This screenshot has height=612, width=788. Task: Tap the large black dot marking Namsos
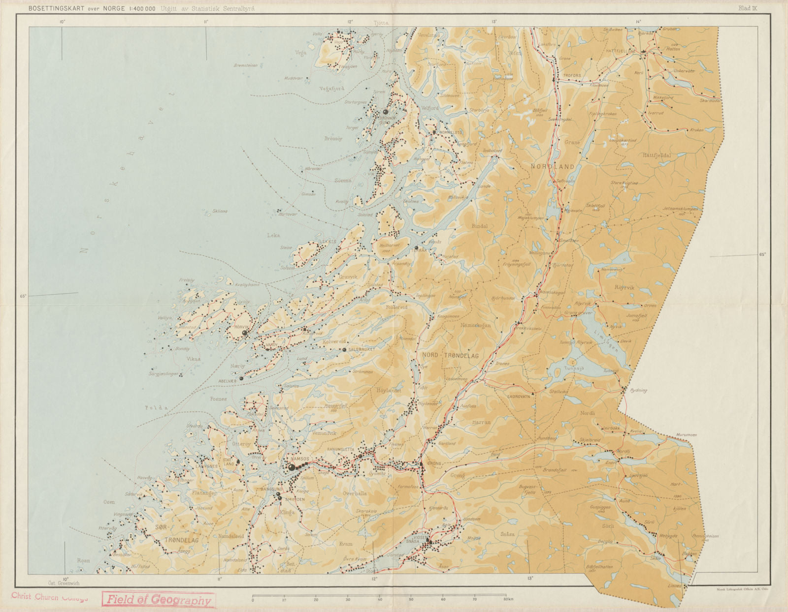tap(292, 467)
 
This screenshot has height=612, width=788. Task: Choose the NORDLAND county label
tap(552, 167)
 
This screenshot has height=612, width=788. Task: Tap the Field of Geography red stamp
tap(159, 600)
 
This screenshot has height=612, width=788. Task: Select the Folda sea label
tap(156, 408)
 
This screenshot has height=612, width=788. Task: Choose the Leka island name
tap(273, 235)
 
